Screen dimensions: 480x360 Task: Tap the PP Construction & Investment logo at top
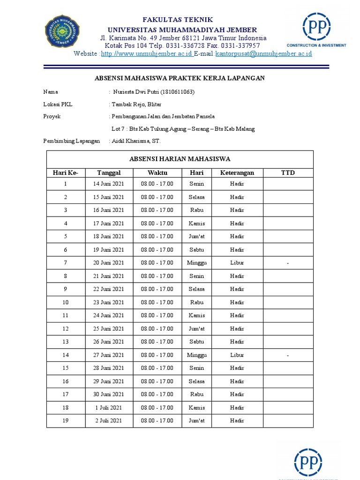click(317, 30)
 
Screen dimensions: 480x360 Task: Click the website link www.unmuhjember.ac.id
click(147, 54)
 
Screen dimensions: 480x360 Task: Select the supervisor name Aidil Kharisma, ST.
click(137, 141)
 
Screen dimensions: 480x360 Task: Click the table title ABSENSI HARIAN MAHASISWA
click(180, 159)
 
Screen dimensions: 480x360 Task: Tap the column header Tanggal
click(109, 173)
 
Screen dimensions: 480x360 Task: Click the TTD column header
click(288, 173)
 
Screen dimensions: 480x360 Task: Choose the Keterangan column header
click(237, 173)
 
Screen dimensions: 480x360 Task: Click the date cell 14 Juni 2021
click(109, 184)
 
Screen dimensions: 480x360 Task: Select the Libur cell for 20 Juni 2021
click(237, 263)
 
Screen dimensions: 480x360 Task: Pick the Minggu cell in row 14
click(197, 355)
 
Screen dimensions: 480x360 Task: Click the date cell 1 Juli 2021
click(109, 408)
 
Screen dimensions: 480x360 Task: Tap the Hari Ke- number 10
click(66, 302)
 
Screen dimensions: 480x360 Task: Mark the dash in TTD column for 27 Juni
click(288, 355)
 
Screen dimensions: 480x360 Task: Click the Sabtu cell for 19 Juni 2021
click(197, 250)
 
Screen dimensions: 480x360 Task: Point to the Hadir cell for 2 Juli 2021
click(237, 421)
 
